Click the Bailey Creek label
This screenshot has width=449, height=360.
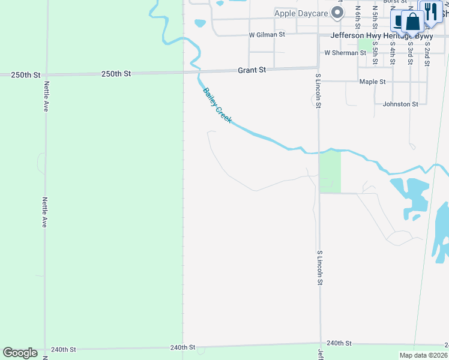pos(217,106)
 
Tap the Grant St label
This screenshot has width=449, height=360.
pos(252,70)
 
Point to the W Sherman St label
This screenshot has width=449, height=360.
pos(345,53)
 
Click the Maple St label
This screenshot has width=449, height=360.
pos(372,82)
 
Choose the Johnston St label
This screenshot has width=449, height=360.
pos(400,104)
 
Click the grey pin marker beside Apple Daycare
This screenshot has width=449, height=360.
pos(339,13)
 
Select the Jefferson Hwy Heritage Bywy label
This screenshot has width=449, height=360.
pos(381,36)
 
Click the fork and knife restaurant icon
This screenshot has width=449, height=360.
pos(430,11)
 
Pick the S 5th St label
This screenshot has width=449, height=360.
pos(375,53)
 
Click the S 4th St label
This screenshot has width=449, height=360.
pos(392,53)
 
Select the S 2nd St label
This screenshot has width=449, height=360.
pos(427,53)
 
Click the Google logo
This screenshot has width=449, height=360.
pos(20,353)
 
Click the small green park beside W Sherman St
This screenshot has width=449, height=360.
pos(364,44)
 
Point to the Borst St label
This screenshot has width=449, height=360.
pos(395,2)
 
